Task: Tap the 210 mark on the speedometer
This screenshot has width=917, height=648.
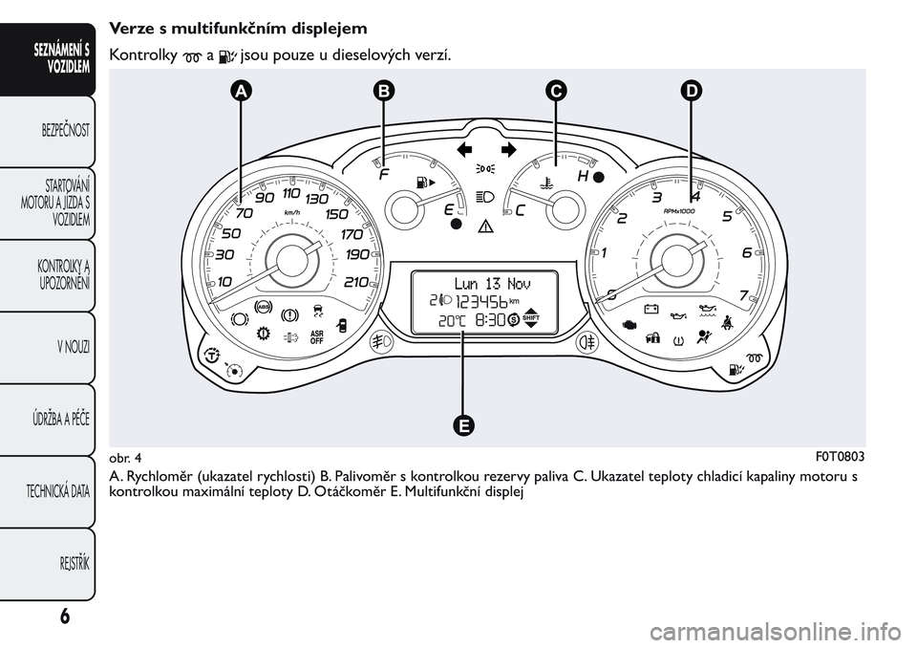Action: (355, 282)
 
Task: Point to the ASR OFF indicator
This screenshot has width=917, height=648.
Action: (317, 336)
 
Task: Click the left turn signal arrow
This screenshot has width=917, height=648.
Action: (465, 149)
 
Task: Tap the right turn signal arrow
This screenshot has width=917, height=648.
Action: (507, 149)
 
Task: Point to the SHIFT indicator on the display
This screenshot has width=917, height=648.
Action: (532, 320)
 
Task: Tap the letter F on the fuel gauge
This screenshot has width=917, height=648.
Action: (384, 177)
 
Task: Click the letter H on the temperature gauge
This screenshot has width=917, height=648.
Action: (582, 177)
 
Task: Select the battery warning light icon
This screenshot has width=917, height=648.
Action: (650, 309)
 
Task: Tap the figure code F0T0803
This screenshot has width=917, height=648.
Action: (842, 455)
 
